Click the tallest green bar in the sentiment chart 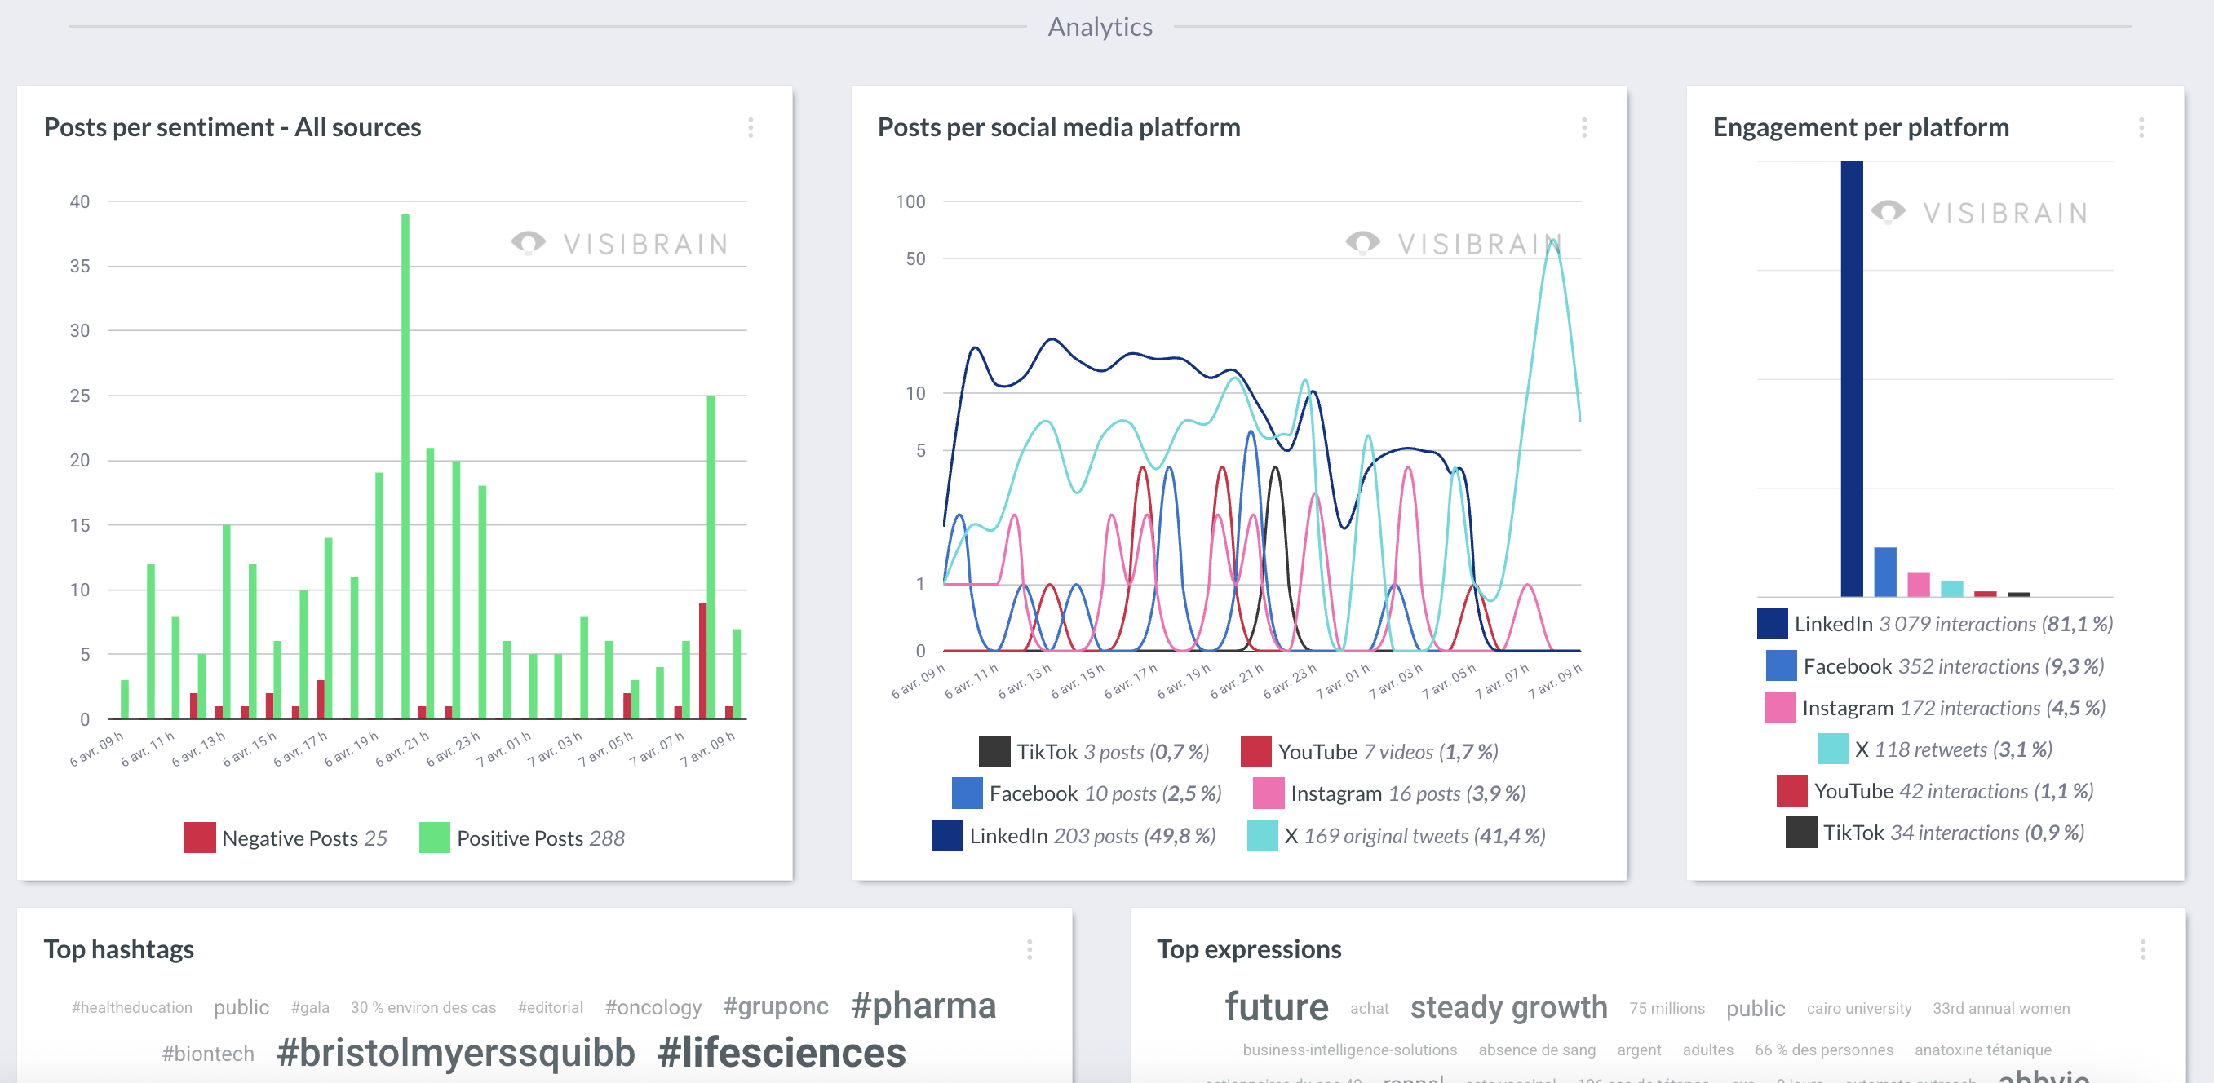point(405,464)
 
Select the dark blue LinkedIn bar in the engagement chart point(1851,378)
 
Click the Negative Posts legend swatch point(199,838)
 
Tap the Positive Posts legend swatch point(434,838)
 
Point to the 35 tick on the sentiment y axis point(80,267)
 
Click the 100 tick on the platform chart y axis point(910,202)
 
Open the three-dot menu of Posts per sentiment point(751,128)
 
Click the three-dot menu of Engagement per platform point(2141,128)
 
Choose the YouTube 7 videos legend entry point(1370,752)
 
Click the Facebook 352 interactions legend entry point(1935,666)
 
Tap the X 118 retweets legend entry point(1935,749)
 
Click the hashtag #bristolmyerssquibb point(455,1053)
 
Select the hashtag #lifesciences point(782,1053)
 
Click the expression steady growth point(1508,1007)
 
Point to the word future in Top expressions point(1277,1007)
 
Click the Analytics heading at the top point(1100,28)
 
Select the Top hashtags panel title point(118,949)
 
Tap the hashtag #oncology point(653,1007)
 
